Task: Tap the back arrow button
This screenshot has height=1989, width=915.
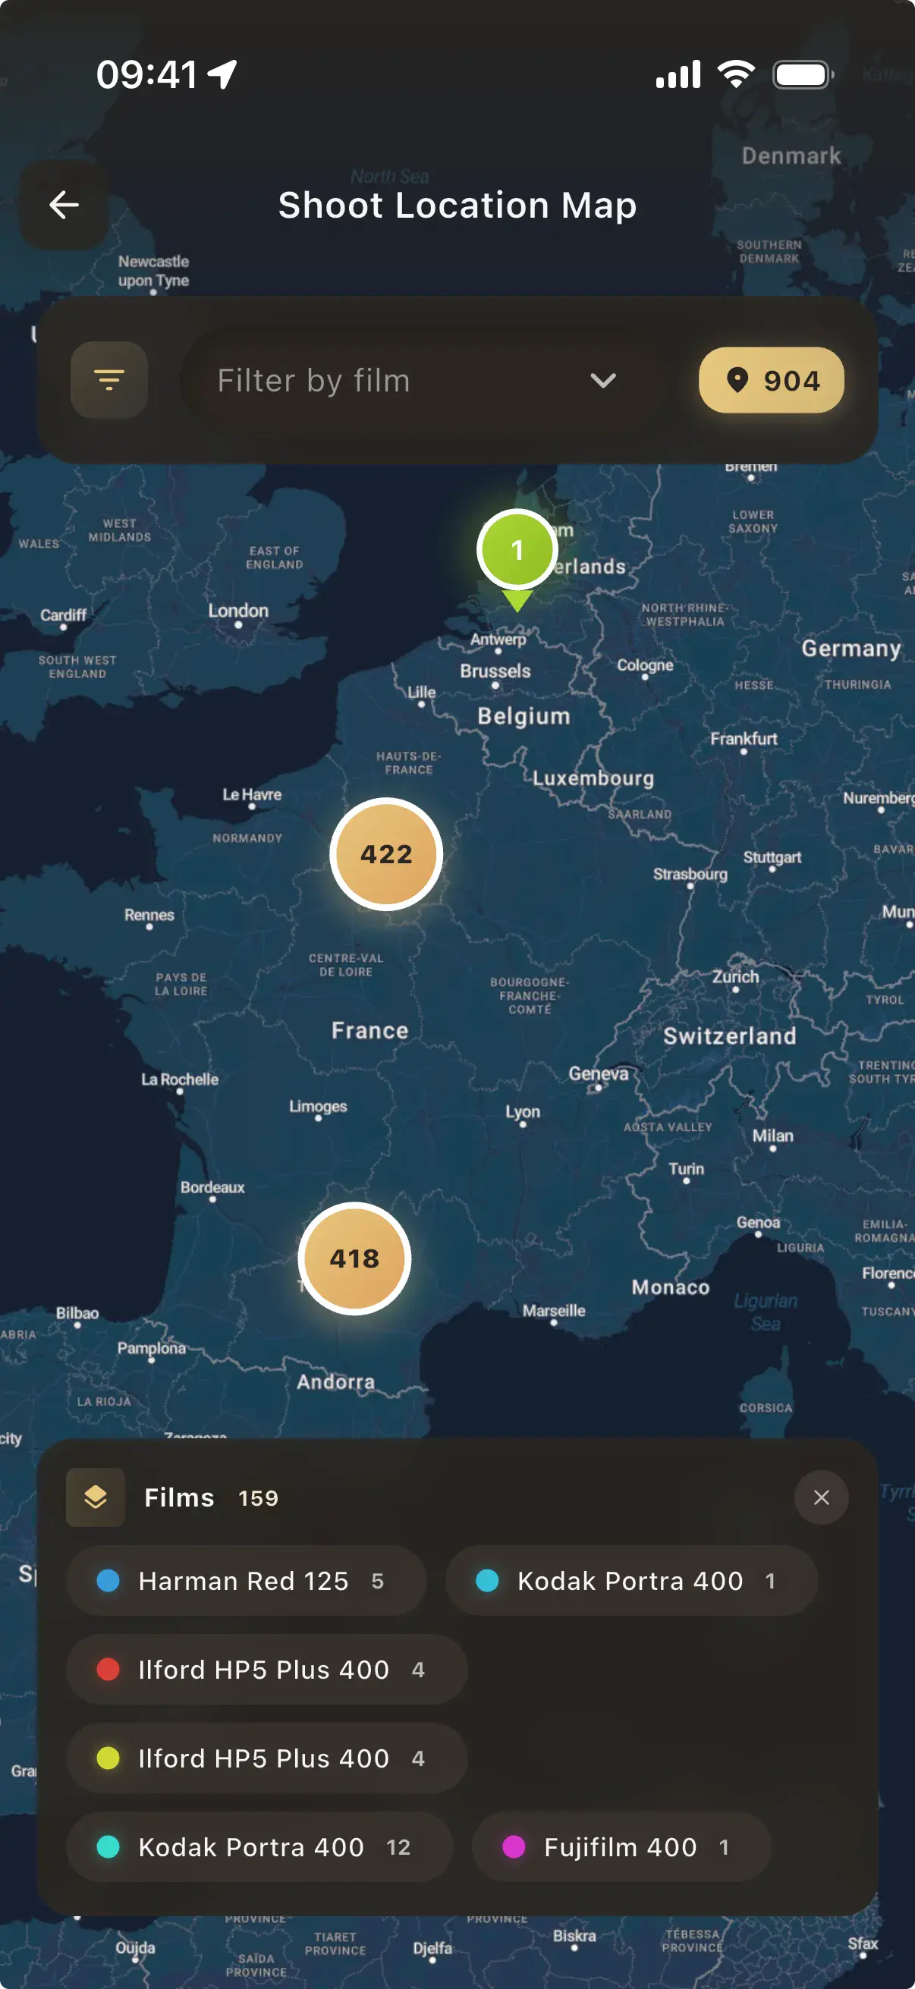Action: pos(63,205)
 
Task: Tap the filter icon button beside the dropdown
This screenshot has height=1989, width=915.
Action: pos(108,380)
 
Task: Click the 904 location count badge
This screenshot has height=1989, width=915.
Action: pos(771,380)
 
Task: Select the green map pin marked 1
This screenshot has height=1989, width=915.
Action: pos(517,551)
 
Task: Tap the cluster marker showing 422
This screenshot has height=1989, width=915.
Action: pos(386,854)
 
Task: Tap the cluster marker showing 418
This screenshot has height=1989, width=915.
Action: pos(354,1258)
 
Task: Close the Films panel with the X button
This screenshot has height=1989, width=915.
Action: pos(821,1498)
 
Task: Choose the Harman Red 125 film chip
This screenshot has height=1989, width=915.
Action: pos(246,1581)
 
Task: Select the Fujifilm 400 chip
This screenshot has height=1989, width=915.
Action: pos(621,1847)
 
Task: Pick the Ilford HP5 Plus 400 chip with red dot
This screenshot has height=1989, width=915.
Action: pos(266,1670)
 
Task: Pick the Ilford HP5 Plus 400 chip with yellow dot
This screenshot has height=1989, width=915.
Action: pos(266,1758)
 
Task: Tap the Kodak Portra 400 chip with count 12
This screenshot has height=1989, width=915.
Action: pos(259,1847)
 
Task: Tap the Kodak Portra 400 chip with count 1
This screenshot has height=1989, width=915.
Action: pos(630,1581)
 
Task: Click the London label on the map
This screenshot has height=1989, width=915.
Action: pos(238,611)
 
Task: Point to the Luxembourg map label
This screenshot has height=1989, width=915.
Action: pos(593,778)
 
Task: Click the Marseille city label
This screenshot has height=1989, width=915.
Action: pos(554,1310)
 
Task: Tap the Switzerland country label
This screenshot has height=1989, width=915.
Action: pos(729,1036)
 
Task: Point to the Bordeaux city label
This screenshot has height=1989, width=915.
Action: pos(212,1187)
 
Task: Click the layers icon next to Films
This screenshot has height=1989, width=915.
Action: pos(96,1498)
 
